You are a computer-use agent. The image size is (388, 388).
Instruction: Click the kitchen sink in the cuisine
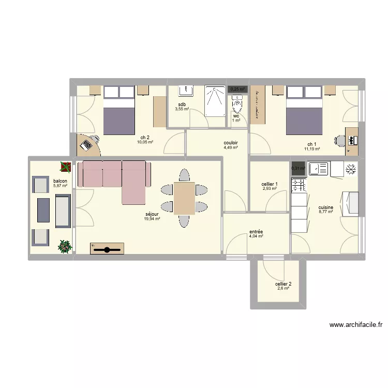tap(318, 169)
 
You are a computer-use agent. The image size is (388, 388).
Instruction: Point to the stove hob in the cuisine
tap(299, 185)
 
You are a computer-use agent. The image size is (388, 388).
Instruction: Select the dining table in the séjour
tap(184, 198)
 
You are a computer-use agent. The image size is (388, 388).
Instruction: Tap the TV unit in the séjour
tap(108, 249)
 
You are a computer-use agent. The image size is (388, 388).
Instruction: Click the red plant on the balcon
tap(66, 167)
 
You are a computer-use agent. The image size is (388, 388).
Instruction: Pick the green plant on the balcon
tap(65, 246)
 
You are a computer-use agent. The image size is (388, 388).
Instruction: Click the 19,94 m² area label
tap(152, 219)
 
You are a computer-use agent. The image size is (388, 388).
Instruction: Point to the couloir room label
tap(231, 143)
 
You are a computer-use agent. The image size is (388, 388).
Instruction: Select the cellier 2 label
tap(283, 283)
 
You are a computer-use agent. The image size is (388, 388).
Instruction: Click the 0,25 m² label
tap(237, 89)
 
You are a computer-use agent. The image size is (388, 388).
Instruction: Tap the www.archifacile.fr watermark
tap(355, 325)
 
